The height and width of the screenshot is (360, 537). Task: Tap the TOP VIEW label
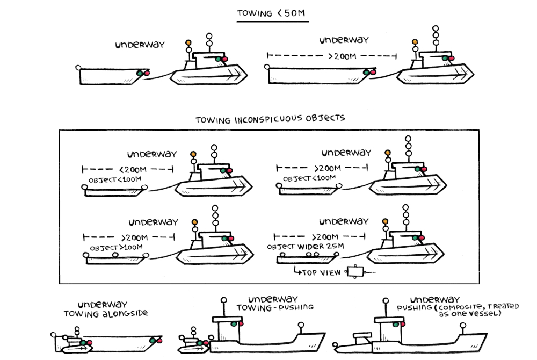pyautogui.click(x=321, y=273)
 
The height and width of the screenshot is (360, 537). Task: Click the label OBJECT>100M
pyautogui.click(x=116, y=248)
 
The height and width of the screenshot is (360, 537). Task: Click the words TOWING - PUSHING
pyautogui.click(x=275, y=308)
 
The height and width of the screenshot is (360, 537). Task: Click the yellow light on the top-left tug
pyautogui.click(x=188, y=42)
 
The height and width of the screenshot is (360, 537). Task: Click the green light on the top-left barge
pyautogui.click(x=140, y=73)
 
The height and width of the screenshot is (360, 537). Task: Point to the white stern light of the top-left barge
pyautogui.click(x=79, y=68)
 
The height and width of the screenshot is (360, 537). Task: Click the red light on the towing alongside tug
pyautogui.click(x=89, y=343)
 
